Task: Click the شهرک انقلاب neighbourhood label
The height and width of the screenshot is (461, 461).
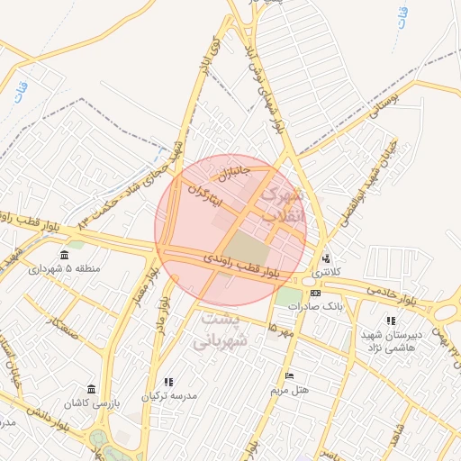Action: pyautogui.click(x=282, y=205)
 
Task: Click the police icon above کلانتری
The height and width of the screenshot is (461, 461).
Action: pyautogui.click(x=326, y=256)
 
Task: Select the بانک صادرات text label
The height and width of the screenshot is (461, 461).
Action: pyautogui.click(x=317, y=306)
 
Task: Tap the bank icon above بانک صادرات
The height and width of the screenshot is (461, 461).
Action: pyautogui.click(x=316, y=293)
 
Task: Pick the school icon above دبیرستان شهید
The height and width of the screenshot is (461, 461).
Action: pyautogui.click(x=390, y=321)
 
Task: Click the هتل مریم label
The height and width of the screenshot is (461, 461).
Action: pyautogui.click(x=289, y=390)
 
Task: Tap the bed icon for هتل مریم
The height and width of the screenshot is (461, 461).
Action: pyautogui.click(x=289, y=376)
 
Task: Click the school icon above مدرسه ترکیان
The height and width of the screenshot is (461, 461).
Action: pyautogui.click(x=168, y=382)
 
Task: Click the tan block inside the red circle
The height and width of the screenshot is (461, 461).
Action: pyautogui.click(x=244, y=249)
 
